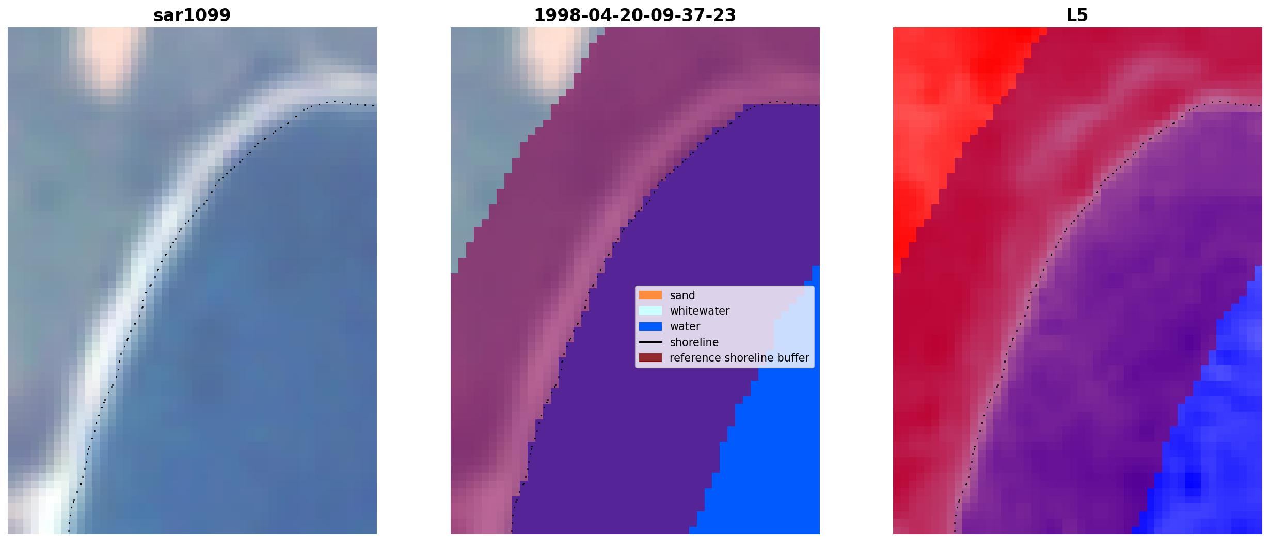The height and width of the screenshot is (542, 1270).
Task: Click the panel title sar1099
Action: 192,15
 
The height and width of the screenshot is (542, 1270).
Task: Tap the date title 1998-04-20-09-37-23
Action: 635,15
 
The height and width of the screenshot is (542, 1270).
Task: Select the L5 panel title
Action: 1077,15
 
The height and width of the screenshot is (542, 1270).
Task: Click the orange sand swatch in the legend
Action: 650,295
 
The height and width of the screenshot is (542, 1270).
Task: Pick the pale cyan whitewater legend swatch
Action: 650,311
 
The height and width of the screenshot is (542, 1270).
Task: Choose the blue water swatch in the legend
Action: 650,326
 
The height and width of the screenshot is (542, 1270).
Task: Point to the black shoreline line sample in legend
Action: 650,342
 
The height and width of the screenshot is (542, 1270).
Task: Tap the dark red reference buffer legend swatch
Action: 650,358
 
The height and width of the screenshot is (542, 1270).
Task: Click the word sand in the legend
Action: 682,295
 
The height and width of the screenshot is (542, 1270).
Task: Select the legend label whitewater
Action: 700,311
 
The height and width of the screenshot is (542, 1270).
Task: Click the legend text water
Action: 685,326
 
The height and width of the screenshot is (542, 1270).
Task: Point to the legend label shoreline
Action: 694,342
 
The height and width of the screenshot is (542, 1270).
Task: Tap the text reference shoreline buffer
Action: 739,358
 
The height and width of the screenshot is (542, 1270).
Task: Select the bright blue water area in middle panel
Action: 769,454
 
